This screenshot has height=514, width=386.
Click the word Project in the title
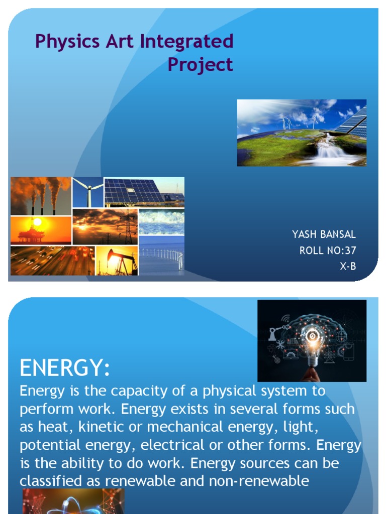tap(200, 64)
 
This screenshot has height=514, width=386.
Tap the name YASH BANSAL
tap(324, 234)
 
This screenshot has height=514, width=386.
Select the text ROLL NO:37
tap(328, 250)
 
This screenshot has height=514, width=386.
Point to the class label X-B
tap(347, 267)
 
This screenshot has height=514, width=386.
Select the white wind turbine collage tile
tap(87, 192)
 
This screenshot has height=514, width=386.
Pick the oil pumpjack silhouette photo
tap(116, 260)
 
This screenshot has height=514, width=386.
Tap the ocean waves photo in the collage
tap(161, 222)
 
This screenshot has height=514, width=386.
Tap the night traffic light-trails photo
tap(52, 261)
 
